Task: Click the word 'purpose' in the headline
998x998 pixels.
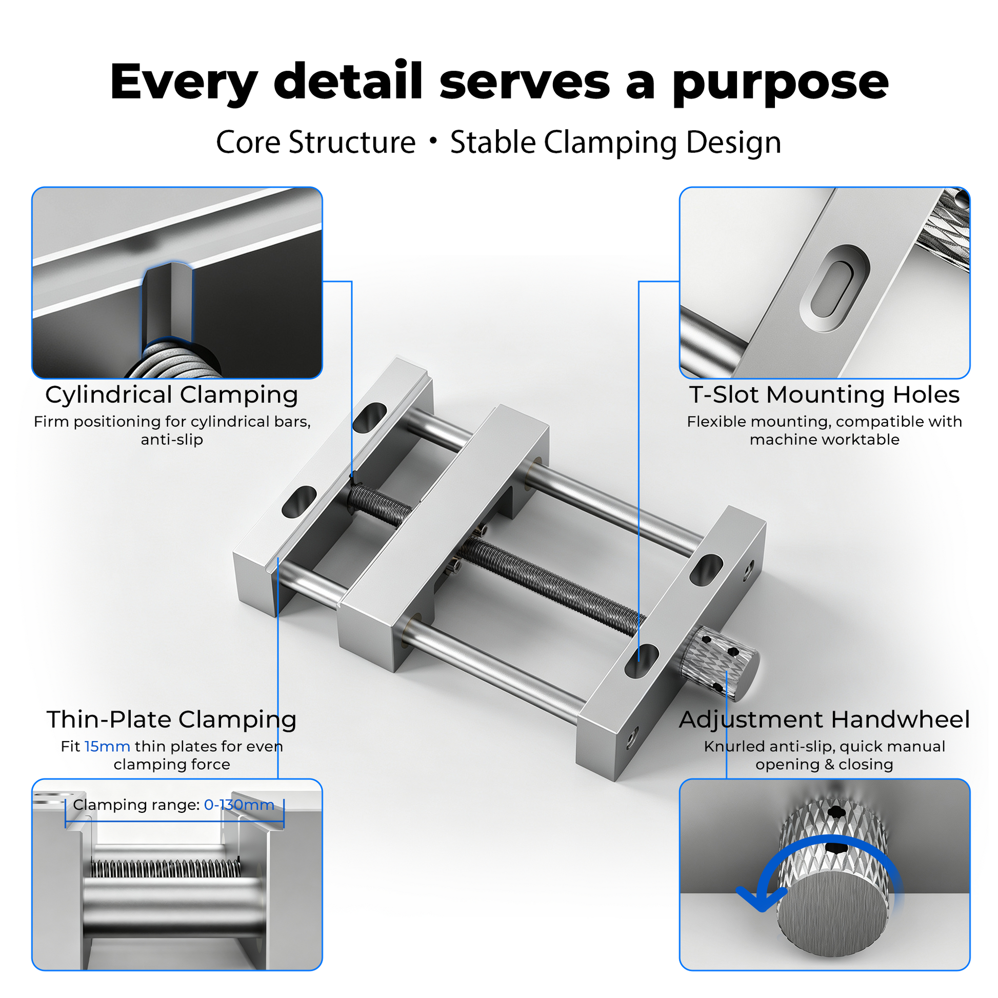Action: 780,83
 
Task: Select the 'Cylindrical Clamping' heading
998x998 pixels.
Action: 171,395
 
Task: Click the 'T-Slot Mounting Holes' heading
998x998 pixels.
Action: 825,395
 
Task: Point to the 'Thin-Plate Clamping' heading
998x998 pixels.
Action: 171,720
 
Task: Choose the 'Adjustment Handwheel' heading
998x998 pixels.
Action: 825,720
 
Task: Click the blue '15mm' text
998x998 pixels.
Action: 108,746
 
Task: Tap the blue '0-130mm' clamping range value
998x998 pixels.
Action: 239,805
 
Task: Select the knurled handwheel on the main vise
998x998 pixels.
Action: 719,663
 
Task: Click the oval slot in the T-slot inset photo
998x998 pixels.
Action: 834,289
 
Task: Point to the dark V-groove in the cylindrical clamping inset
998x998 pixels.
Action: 167,304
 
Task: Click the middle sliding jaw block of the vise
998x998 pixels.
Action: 443,537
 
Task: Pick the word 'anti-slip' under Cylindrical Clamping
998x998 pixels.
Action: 171,440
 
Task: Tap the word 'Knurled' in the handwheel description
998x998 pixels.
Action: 734,746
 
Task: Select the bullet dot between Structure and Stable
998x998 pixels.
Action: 433,140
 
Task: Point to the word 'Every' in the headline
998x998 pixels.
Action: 184,83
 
